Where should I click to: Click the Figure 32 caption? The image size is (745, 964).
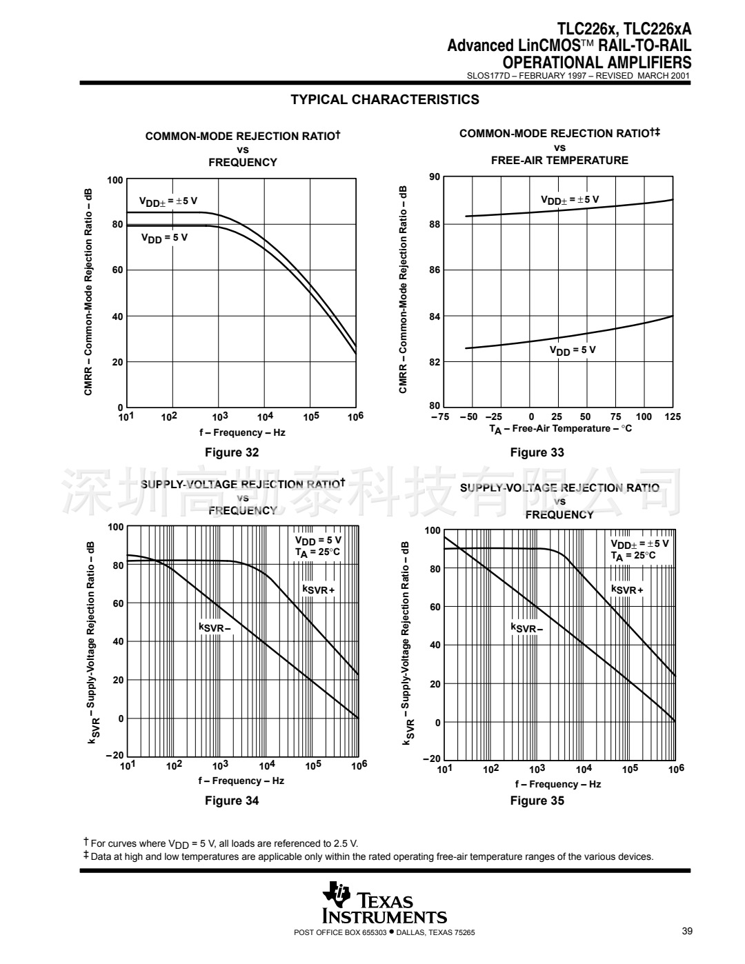click(x=232, y=453)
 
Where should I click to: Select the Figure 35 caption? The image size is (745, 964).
click(x=537, y=801)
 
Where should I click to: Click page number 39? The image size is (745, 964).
click(x=686, y=932)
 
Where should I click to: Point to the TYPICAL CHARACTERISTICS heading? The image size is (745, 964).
click(x=384, y=100)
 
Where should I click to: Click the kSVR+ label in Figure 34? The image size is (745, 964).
click(x=319, y=590)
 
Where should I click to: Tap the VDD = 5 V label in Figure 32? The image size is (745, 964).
click(x=164, y=238)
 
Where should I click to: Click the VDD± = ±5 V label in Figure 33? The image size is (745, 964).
click(x=569, y=200)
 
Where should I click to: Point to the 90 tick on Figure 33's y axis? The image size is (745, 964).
click(x=434, y=177)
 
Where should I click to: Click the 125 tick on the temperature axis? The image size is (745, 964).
click(x=673, y=416)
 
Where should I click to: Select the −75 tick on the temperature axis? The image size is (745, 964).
click(x=440, y=416)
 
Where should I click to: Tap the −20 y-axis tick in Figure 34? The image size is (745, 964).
click(x=115, y=756)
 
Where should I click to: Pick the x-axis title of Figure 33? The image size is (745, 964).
click(x=560, y=429)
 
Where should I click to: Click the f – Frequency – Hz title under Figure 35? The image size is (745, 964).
click(x=557, y=784)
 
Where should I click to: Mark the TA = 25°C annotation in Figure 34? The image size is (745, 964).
click(x=318, y=552)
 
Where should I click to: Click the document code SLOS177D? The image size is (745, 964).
click(x=487, y=76)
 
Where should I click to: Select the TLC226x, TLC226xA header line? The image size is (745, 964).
click(x=624, y=30)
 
